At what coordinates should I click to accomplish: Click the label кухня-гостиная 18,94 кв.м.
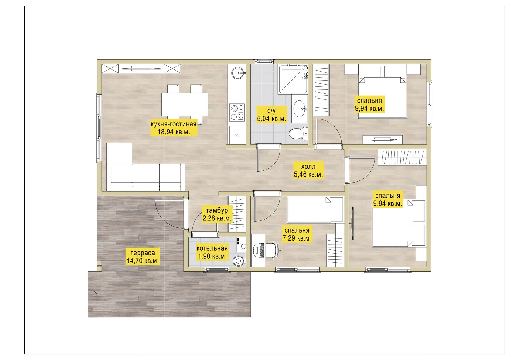(174, 128)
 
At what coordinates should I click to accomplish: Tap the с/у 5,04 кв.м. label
(271, 115)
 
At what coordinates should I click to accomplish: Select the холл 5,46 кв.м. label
(308, 170)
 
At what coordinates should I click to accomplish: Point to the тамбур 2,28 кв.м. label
(217, 214)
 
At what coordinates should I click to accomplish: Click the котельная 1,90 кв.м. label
(212, 252)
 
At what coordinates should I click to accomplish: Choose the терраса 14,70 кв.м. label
(143, 257)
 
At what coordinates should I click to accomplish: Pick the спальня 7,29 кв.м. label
(297, 234)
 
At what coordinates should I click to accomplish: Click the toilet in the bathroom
(298, 133)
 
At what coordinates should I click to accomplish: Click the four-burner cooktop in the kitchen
(237, 112)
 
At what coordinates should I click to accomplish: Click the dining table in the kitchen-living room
(185, 104)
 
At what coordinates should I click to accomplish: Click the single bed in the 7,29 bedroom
(315, 210)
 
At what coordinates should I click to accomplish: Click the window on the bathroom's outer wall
(264, 61)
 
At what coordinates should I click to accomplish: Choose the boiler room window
(217, 270)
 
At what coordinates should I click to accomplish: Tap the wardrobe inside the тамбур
(237, 214)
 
